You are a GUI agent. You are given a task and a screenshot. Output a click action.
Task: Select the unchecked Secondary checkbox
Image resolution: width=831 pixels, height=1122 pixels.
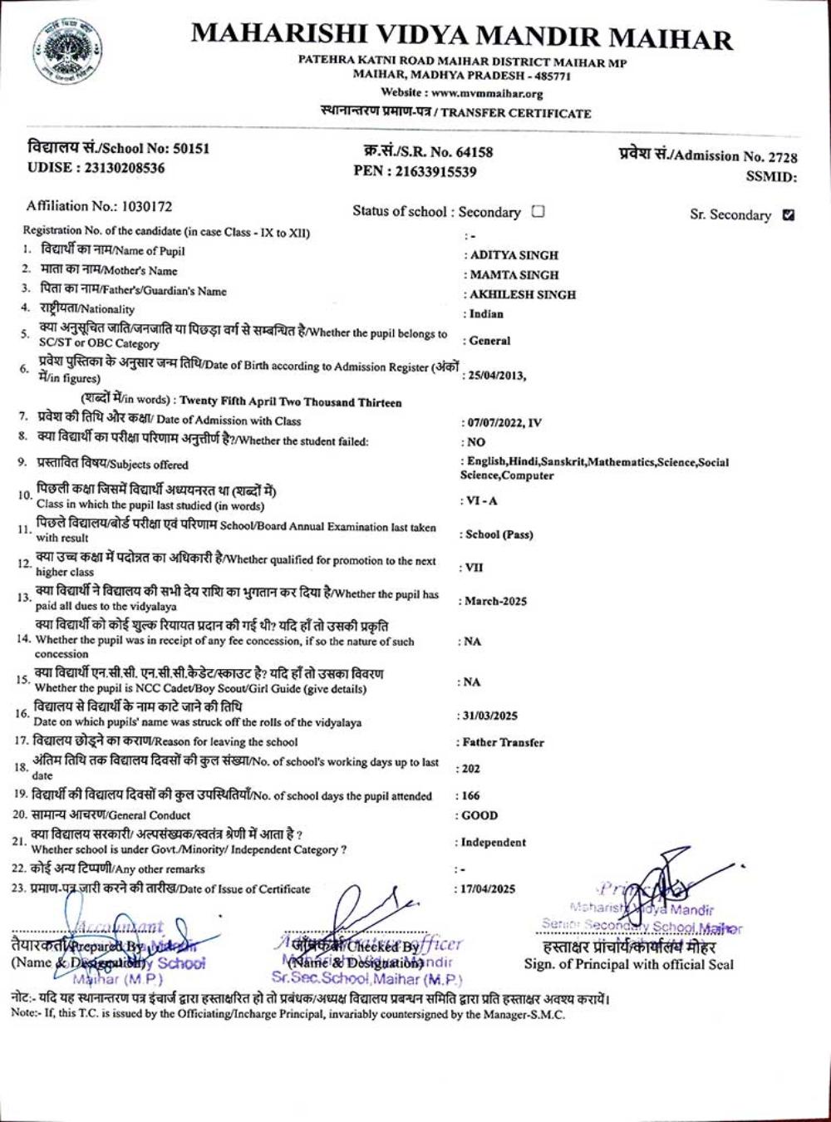538,211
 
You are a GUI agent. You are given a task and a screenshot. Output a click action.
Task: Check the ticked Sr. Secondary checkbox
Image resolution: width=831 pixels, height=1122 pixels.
789,214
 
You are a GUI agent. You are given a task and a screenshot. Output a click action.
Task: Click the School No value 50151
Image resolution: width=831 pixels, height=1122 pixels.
191,149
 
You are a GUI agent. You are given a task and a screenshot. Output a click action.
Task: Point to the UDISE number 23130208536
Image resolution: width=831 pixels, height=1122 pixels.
120,167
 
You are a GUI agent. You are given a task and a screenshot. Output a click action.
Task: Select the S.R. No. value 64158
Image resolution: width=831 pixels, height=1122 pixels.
471,152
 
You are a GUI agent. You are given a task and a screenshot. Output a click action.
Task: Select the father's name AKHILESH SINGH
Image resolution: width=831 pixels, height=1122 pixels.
523,294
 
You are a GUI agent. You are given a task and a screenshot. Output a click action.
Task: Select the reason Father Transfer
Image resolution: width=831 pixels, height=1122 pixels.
503,742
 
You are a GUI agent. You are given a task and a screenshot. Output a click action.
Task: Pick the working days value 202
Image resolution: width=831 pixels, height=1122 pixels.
471,769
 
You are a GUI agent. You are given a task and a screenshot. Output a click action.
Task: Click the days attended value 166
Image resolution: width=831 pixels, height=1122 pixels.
471,795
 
